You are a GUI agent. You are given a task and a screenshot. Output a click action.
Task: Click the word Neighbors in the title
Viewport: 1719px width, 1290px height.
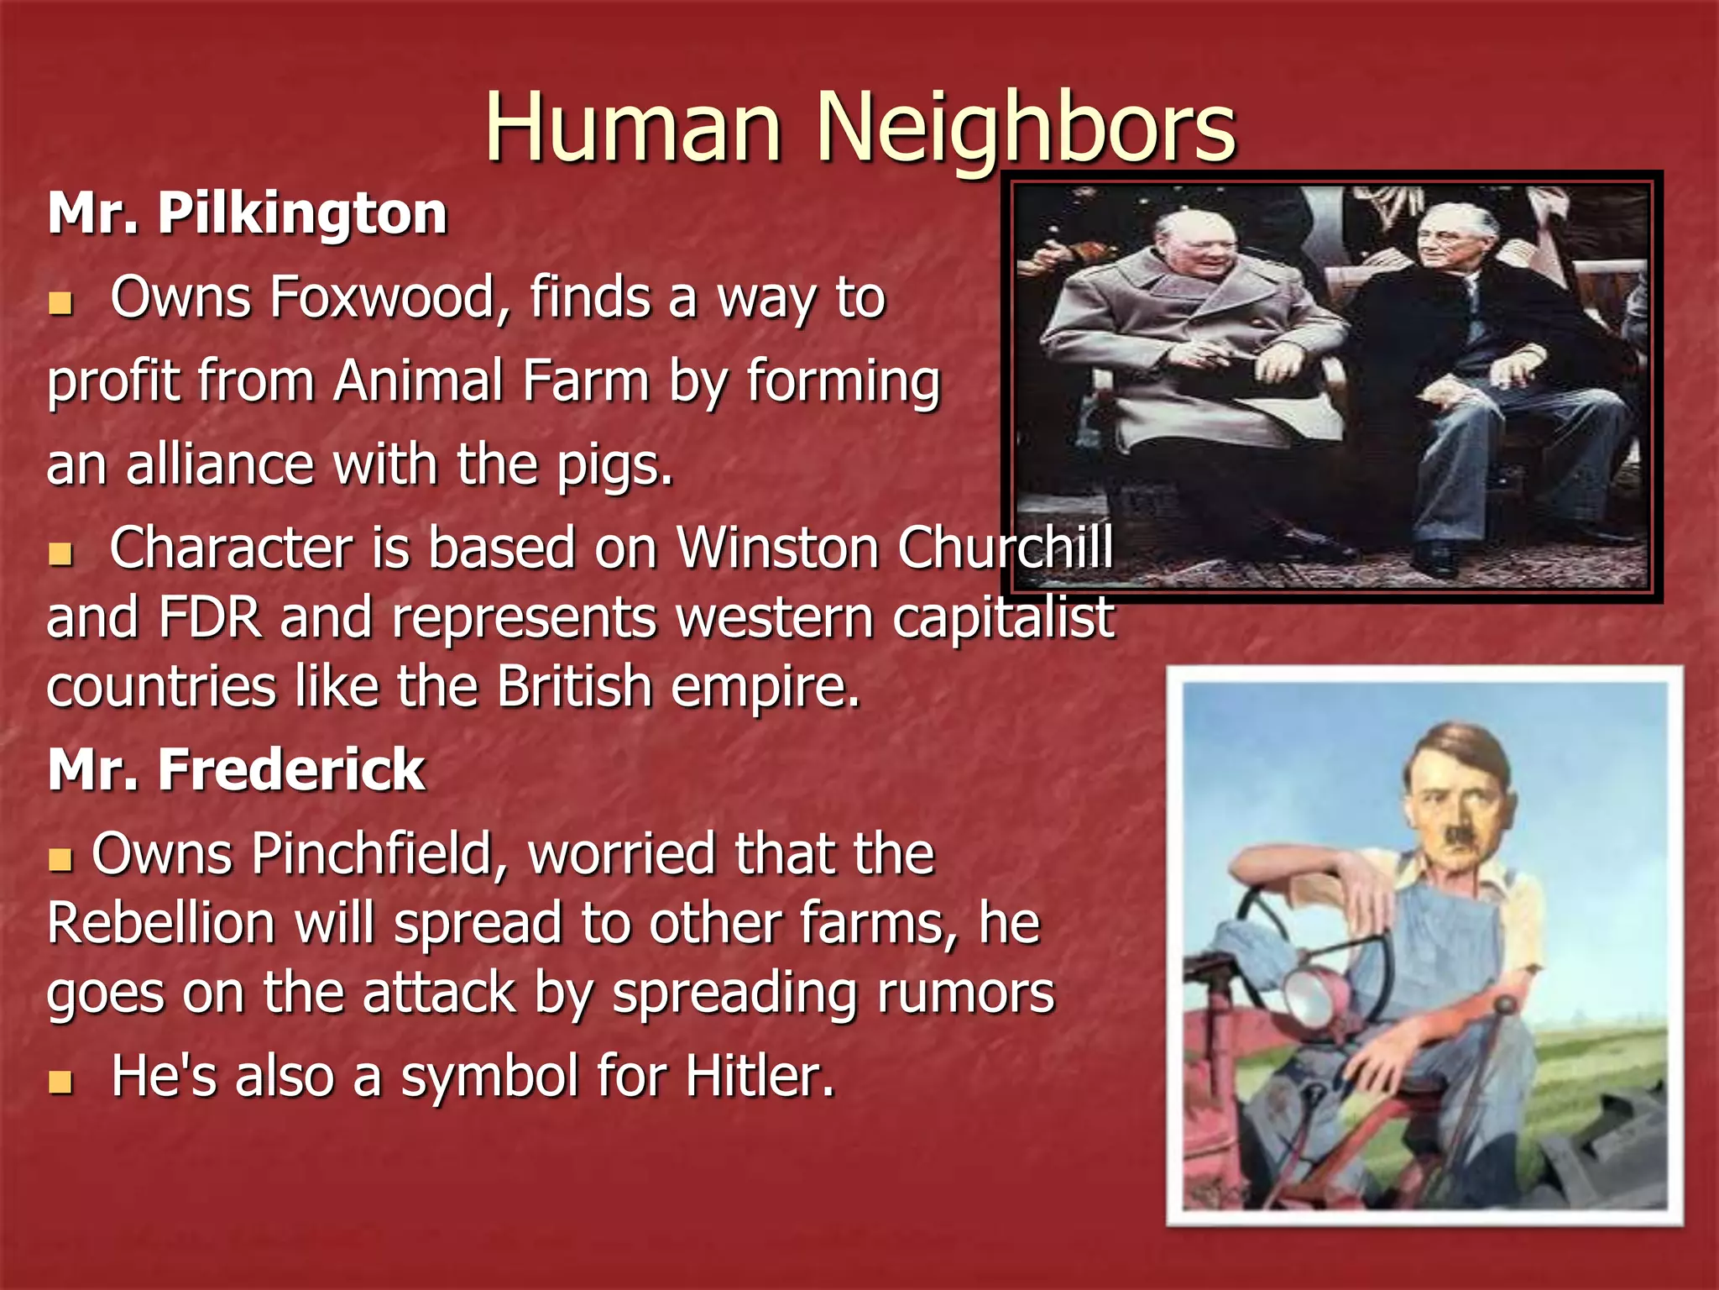(x=1026, y=128)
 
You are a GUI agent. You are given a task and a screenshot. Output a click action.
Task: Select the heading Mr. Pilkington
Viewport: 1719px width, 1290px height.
(x=248, y=213)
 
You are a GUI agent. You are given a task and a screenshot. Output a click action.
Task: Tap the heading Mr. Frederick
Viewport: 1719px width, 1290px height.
(x=237, y=769)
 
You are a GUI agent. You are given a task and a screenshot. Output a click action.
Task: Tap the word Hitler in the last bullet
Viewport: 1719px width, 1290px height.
(x=760, y=1076)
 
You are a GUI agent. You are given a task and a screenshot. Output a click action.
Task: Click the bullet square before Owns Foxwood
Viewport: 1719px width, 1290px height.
(x=60, y=303)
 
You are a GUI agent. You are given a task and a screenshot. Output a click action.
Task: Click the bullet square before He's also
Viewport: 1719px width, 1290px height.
(x=60, y=1082)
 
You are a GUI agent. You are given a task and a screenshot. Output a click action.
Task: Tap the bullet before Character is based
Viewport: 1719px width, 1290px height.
(x=60, y=553)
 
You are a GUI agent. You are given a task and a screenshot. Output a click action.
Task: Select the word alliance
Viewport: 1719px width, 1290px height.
(x=220, y=464)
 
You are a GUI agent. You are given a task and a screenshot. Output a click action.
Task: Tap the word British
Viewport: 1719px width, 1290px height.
(x=574, y=687)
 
